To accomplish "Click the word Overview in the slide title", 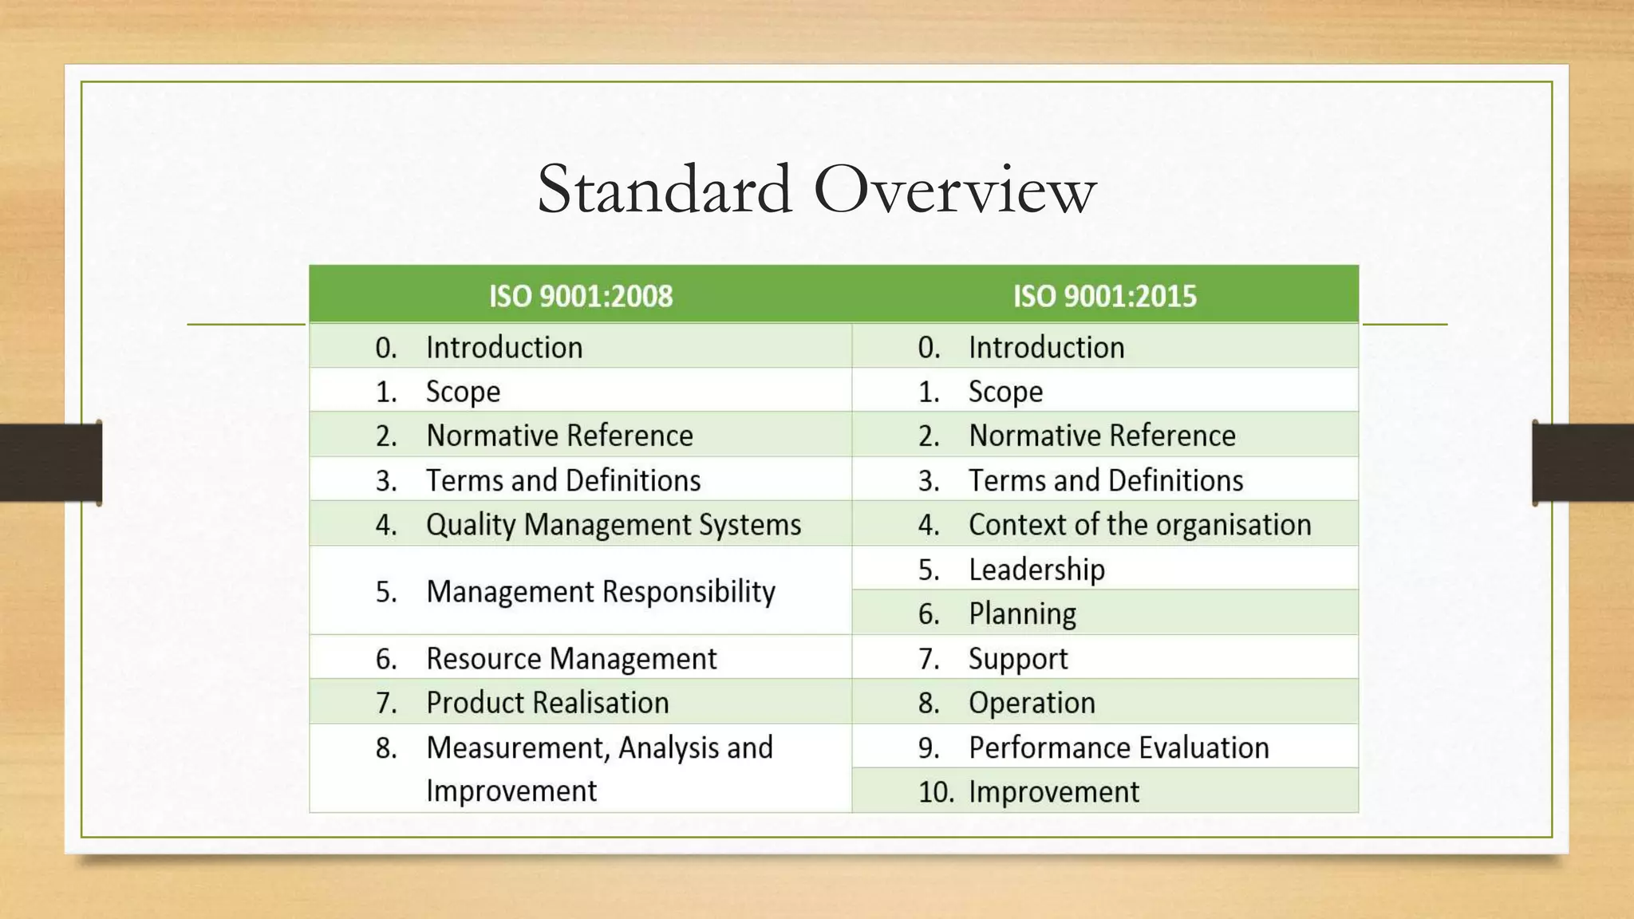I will tap(955, 190).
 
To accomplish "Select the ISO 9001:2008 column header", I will tap(581, 296).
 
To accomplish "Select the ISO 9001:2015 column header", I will tap(1105, 296).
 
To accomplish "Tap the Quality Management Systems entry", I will tap(613, 525).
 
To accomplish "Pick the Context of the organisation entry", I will tap(1139, 525).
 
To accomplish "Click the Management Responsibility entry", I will tap(600, 592).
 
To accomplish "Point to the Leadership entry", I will tap(1036, 570).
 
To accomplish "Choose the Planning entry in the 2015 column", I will tap(1022, 614).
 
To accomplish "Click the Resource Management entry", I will tap(571, 659).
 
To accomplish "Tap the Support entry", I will tap(1018, 659).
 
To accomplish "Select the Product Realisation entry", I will tap(547, 703).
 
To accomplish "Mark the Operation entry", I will tap(1032, 703).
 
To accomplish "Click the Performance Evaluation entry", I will tap(1119, 747).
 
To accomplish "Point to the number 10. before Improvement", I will tap(935, 792).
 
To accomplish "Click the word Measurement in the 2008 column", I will tap(518, 747).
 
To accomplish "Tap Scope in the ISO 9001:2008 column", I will tap(463, 392).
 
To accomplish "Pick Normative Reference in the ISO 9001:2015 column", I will tap(1102, 436).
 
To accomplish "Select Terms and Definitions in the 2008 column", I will tap(563, 480).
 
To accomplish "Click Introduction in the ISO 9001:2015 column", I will tap(1046, 348).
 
